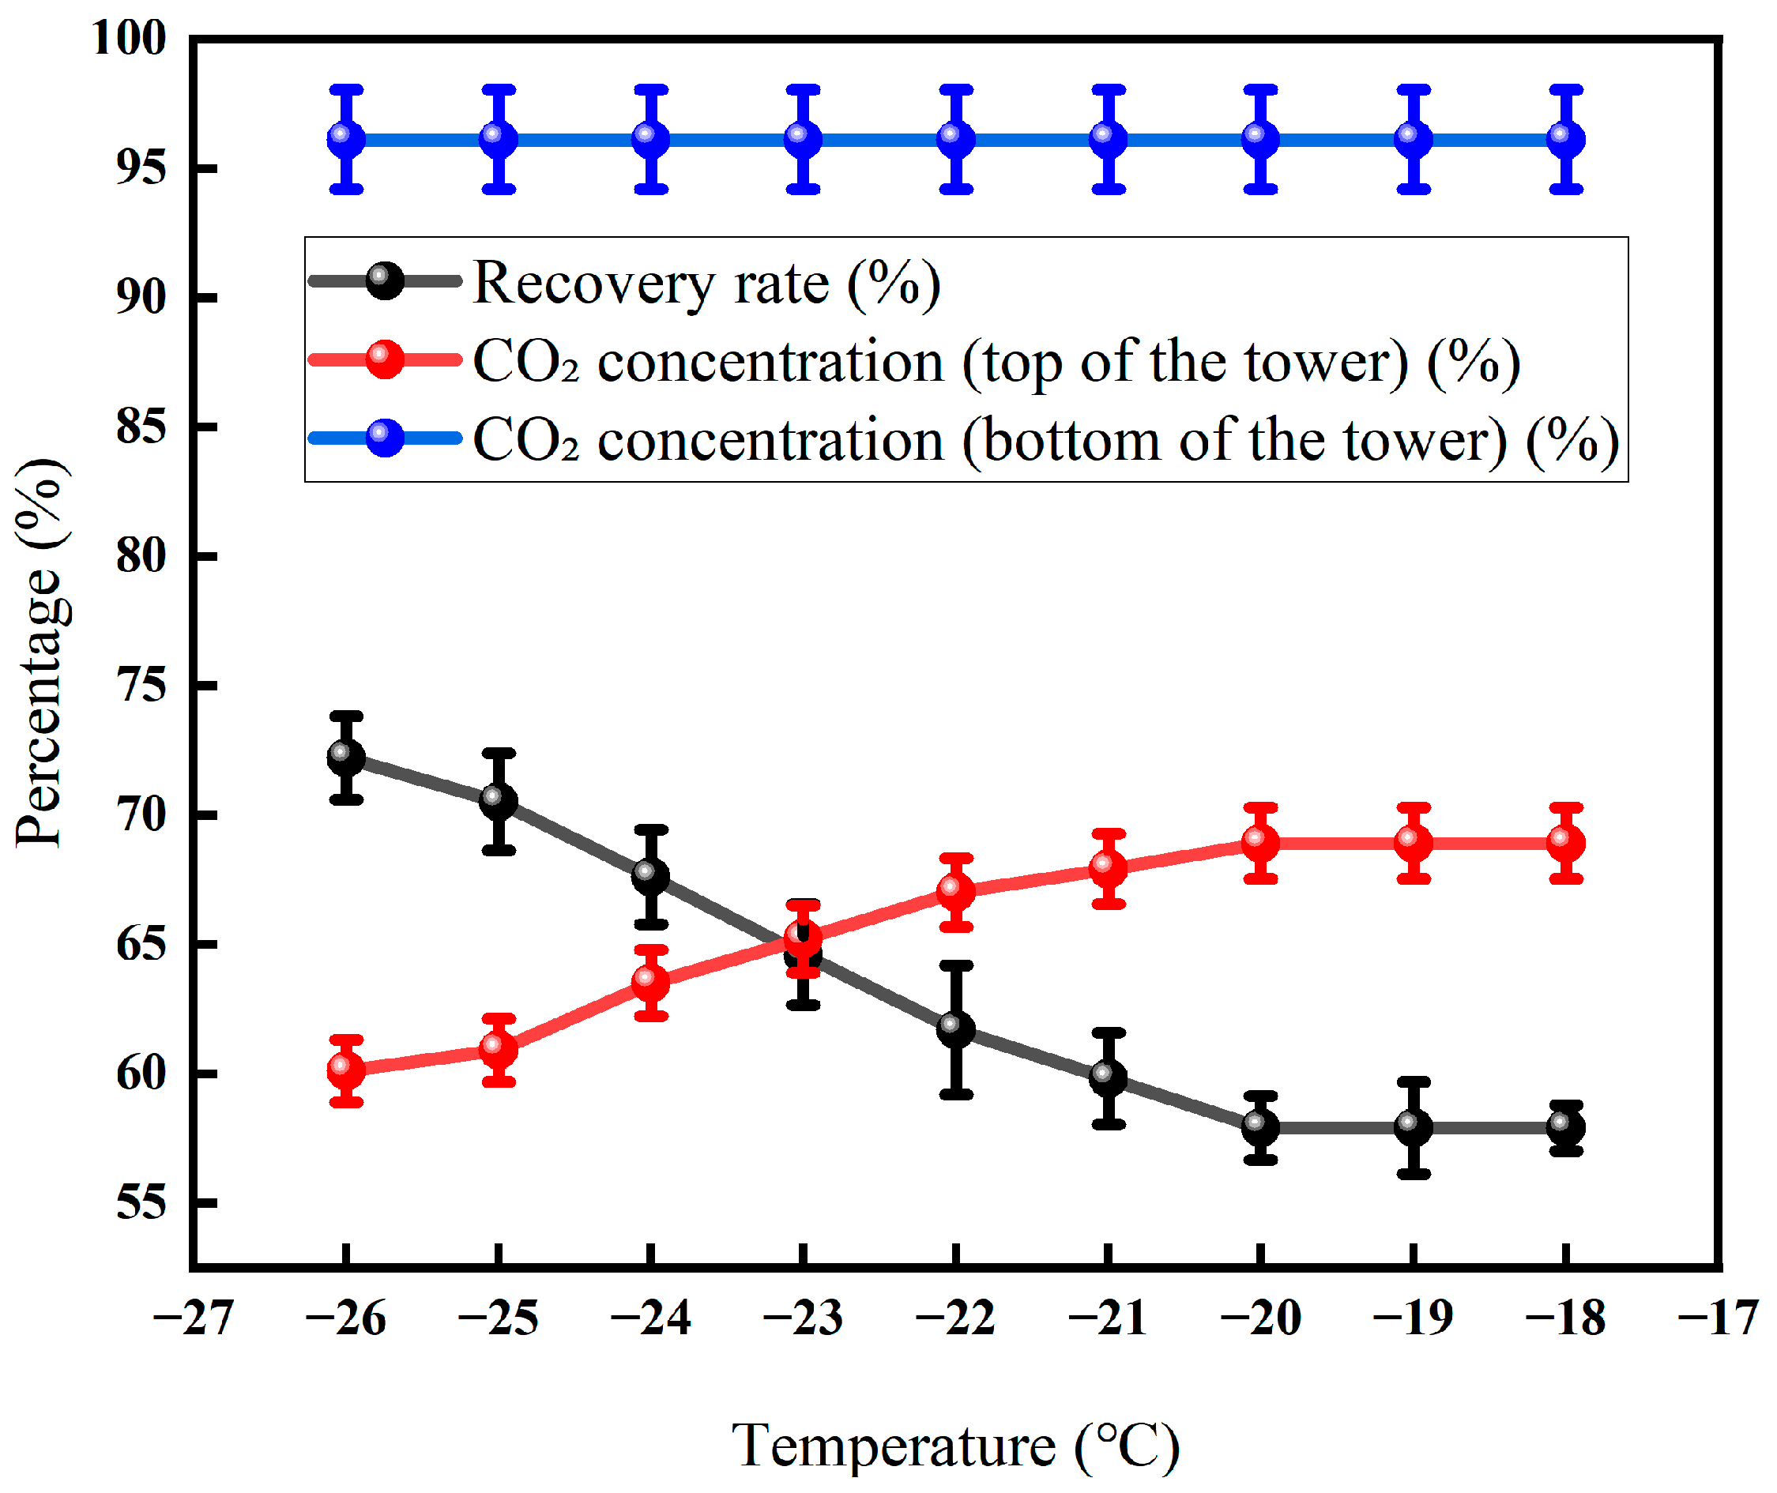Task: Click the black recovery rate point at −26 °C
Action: tap(346, 758)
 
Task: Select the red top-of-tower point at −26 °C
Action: tap(346, 1070)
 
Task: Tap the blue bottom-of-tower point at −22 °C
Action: tap(956, 139)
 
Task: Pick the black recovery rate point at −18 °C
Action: tap(1566, 1127)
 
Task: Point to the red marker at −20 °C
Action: tap(1260, 843)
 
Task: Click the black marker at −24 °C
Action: tap(651, 876)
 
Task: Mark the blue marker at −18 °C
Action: tap(1566, 139)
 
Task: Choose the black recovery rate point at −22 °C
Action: tap(956, 1029)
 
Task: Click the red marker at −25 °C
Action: tap(499, 1050)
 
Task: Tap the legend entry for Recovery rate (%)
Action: tap(706, 283)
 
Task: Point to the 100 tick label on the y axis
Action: tap(130, 39)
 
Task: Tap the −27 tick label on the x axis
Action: tap(193, 1318)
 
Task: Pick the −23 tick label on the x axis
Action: tap(803, 1318)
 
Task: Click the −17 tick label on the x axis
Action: tap(1719, 1318)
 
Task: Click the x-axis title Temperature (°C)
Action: tap(955, 1446)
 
